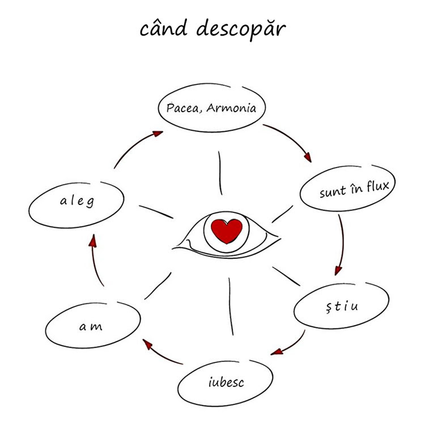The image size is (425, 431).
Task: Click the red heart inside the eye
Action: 226,229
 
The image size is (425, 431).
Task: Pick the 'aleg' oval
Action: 76,201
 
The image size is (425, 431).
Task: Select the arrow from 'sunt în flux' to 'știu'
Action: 342,244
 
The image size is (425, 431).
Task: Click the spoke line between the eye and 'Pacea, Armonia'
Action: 220,173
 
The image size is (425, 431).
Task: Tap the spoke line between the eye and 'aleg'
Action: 156,211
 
